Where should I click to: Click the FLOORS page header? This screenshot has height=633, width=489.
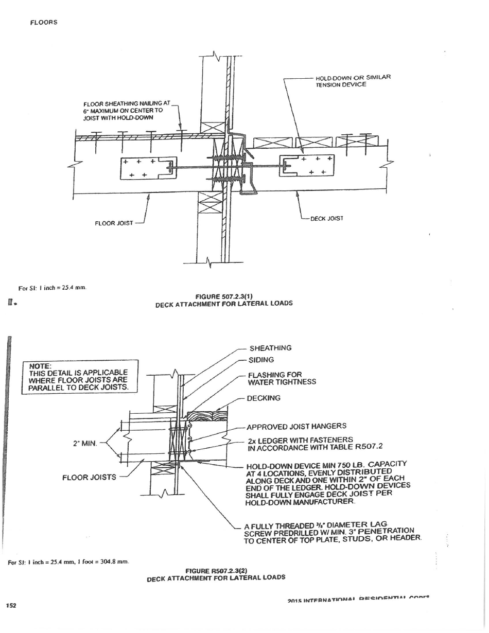click(43, 22)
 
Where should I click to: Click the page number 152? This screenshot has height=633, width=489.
click(11, 605)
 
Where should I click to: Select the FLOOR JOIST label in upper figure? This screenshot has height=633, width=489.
click(114, 223)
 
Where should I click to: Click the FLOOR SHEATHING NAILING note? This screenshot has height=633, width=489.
click(123, 110)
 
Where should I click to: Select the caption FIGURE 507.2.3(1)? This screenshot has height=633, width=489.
click(224, 296)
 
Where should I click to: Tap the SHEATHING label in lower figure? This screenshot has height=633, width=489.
click(270, 348)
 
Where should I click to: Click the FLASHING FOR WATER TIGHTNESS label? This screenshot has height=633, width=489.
click(282, 378)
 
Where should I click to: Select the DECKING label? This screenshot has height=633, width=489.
click(264, 398)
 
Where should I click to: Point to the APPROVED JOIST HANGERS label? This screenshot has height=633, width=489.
click(296, 426)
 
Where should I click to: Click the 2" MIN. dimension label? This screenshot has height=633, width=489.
click(85, 443)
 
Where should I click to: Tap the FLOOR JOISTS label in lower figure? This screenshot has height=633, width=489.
click(89, 477)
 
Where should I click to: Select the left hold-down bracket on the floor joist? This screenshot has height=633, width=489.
click(148, 168)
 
